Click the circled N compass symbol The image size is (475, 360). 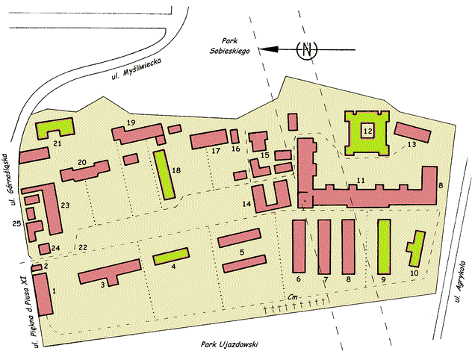(305, 50)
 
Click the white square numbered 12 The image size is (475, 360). (367, 131)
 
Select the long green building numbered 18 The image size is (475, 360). (164, 174)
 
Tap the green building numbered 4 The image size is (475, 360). (171, 256)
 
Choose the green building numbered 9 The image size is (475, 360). (385, 246)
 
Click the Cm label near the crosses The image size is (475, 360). (294, 297)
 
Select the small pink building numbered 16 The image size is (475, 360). (235, 137)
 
